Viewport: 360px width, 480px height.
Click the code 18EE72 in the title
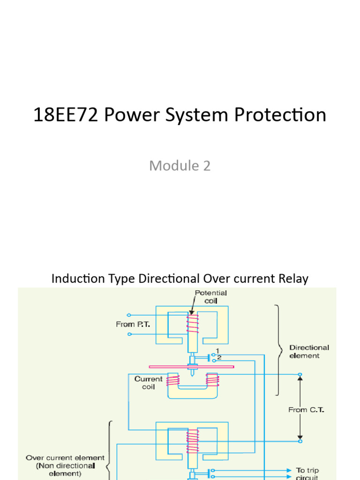tap(66, 115)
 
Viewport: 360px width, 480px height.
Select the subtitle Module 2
tap(180, 165)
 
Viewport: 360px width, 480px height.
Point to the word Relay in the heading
tap(292, 278)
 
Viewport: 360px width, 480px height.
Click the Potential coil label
tap(211, 297)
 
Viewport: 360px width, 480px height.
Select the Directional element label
tap(309, 352)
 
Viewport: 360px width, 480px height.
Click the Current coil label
tap(148, 383)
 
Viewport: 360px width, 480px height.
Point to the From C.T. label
tap(307, 410)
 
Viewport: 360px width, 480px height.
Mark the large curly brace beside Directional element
tap(279, 350)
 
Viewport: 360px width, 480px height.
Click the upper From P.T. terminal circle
tap(129, 315)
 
